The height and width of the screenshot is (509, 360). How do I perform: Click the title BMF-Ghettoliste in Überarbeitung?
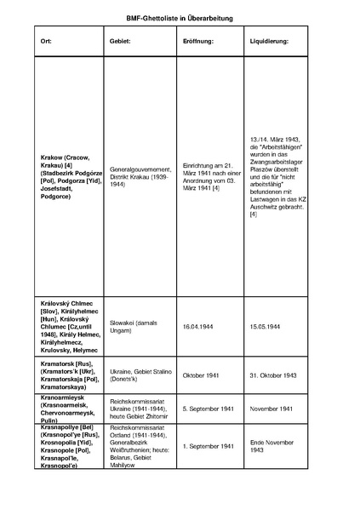coord(180,17)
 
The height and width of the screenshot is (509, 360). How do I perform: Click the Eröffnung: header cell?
coord(197,41)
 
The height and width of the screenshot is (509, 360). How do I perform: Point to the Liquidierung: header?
coord(269,41)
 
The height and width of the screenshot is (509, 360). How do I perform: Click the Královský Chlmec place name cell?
coord(69,326)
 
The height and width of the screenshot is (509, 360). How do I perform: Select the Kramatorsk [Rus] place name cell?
coord(69,375)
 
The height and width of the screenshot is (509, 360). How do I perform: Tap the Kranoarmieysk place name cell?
coord(69,409)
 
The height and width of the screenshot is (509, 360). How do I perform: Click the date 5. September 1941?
coord(209,409)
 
